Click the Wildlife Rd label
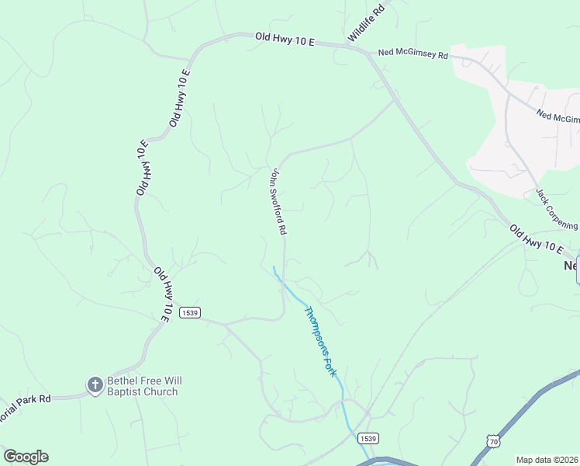pyautogui.click(x=367, y=24)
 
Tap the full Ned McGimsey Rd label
pyautogui.click(x=413, y=54)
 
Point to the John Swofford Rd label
pyautogui.click(x=278, y=203)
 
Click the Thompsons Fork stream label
pyautogui.click(x=321, y=342)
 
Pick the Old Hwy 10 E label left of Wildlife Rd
pyautogui.click(x=285, y=39)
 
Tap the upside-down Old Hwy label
pyautogui.click(x=141, y=169)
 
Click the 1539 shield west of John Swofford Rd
pyautogui.click(x=190, y=312)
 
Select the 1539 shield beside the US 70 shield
pyautogui.click(x=368, y=439)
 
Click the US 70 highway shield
pyautogui.click(x=494, y=441)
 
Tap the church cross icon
pyautogui.click(x=95, y=384)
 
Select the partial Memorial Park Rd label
pyautogui.click(x=25, y=398)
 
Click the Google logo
pyautogui.click(x=26, y=457)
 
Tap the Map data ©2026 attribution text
pyautogui.click(x=547, y=460)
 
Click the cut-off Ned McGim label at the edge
pyautogui.click(x=558, y=116)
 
